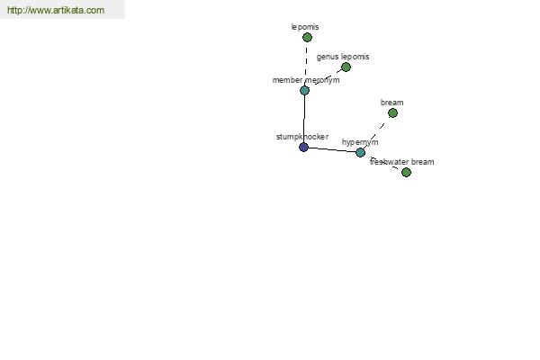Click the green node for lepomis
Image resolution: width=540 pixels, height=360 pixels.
click(307, 37)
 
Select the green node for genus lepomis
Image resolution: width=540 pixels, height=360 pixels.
click(346, 67)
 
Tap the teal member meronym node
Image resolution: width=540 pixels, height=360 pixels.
click(304, 90)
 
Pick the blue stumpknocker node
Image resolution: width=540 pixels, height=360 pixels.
click(303, 147)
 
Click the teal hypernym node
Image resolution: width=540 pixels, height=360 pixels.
click(360, 152)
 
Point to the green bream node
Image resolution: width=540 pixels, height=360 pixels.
click(392, 112)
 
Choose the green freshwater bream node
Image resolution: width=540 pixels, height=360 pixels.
click(407, 172)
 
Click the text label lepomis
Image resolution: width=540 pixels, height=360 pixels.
click(305, 27)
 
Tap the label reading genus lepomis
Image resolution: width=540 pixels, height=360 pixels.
click(343, 57)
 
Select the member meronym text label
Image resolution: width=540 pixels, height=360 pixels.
click(306, 80)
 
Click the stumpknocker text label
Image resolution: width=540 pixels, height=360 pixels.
click(302, 137)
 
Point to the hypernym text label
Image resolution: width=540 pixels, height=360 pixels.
click(360, 142)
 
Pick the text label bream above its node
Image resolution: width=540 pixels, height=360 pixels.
click(391, 103)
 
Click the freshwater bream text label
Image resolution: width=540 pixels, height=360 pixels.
click(402, 162)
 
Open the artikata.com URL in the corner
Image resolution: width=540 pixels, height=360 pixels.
click(56, 10)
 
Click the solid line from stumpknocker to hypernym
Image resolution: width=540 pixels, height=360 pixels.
click(332, 150)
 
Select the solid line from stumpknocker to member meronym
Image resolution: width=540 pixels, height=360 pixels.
click(304, 119)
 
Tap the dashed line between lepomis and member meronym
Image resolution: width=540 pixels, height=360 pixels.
click(306, 64)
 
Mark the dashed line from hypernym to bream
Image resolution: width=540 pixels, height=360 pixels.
click(376, 132)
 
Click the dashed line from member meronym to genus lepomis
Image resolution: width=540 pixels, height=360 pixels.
click(325, 78)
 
